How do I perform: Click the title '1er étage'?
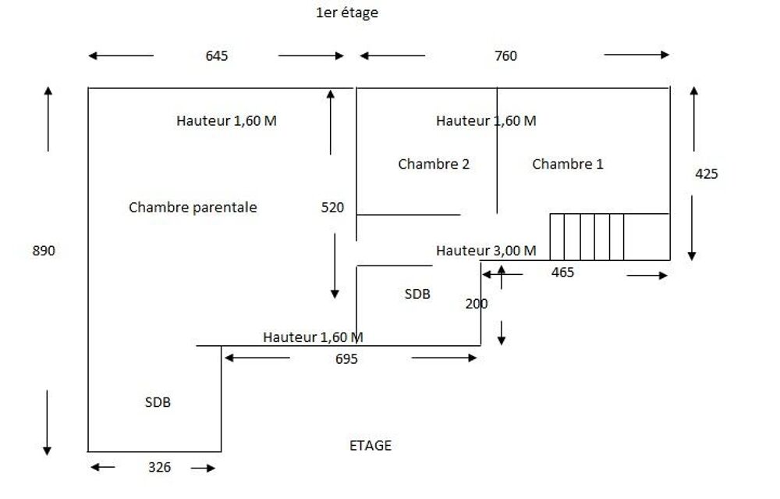pos(347,12)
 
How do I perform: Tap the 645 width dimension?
pos(216,55)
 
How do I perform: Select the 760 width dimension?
pos(505,55)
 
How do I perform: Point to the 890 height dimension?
pos(44,251)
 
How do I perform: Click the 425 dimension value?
pos(707,174)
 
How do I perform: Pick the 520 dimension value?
pos(332,207)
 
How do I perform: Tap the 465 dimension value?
pos(562,273)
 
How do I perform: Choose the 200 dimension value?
pos(477,304)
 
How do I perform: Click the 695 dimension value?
pos(346,359)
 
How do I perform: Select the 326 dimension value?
pos(159,467)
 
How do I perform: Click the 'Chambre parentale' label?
pos(193,207)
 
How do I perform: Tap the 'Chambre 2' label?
pos(434,164)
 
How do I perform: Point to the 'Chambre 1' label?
pos(568,164)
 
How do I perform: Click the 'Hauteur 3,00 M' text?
pos(486,251)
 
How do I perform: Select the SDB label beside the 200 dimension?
pos(417,294)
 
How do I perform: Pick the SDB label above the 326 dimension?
pos(158,402)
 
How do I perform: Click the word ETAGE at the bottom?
pos(370,445)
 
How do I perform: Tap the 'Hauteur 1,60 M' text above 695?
pos(313,337)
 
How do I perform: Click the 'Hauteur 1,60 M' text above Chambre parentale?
pos(226,120)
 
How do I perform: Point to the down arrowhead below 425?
pos(691,256)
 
